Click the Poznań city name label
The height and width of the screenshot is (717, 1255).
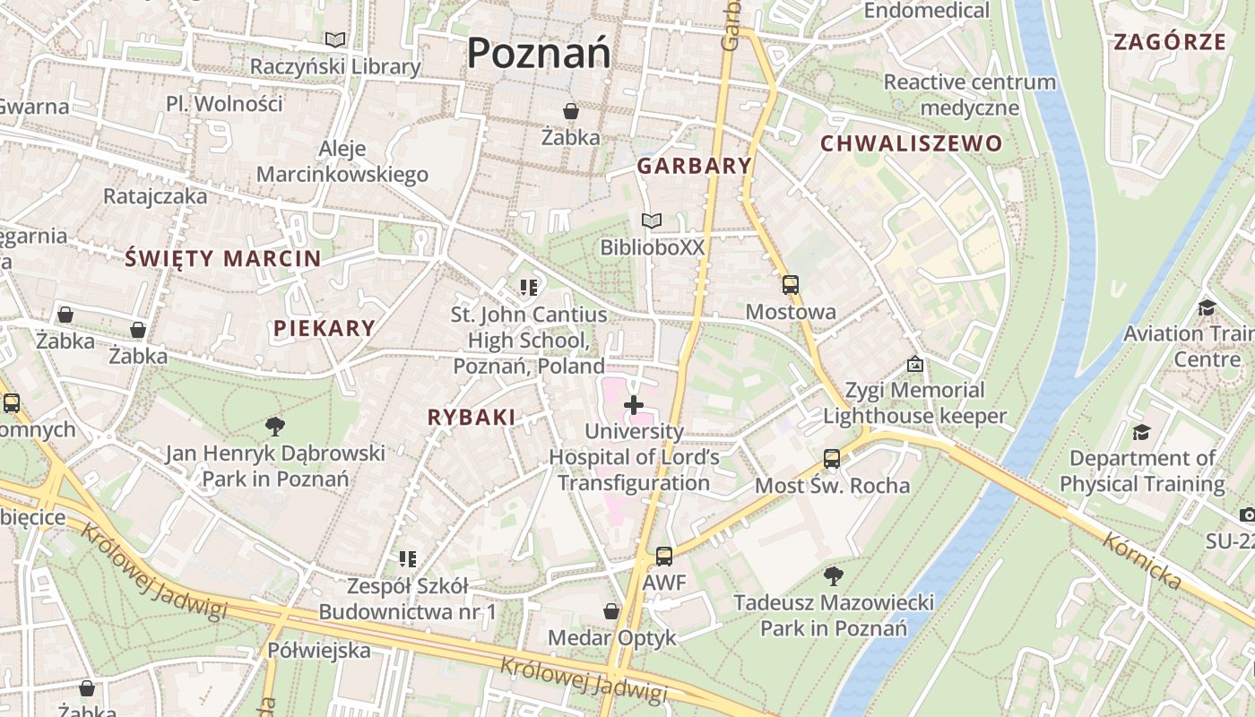[x=539, y=52]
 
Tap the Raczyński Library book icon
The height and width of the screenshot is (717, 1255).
[x=335, y=40]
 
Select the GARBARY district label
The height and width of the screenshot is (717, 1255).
[x=694, y=166]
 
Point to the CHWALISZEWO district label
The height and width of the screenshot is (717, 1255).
[x=911, y=143]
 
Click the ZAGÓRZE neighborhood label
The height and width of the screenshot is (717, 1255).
[x=1169, y=41]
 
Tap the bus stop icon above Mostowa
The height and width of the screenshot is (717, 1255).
[x=790, y=285]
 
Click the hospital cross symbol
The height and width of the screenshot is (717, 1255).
[x=634, y=405]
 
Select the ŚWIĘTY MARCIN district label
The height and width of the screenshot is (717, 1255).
[x=222, y=259]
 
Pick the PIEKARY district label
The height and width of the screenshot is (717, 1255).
[x=324, y=328]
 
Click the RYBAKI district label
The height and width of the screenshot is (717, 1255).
[x=472, y=417]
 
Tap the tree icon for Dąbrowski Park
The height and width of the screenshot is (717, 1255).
[x=275, y=427]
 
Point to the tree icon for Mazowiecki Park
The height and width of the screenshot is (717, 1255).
[x=833, y=575]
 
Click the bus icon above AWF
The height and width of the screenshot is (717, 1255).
[x=663, y=557]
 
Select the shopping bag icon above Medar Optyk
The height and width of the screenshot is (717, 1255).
[x=611, y=611]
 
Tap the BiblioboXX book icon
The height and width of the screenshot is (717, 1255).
[x=652, y=220]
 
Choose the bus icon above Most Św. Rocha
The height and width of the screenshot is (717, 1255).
[x=832, y=459]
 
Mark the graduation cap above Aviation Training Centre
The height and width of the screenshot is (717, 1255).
[x=1207, y=307]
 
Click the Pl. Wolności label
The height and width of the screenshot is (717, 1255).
[x=224, y=104]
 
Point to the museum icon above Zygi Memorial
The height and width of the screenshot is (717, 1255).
[x=914, y=364]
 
